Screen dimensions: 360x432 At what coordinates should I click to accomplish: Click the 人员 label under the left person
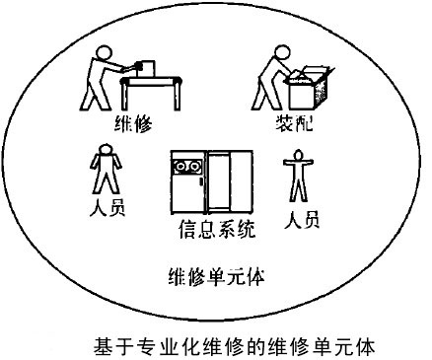pyautogui.click(x=106, y=209)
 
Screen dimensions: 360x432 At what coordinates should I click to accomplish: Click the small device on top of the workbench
pyautogui.click(x=148, y=65)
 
